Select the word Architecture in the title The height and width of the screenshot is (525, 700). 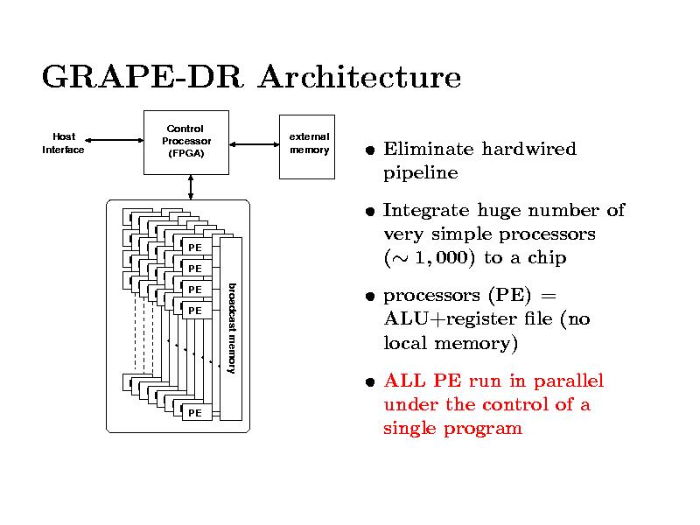click(360, 79)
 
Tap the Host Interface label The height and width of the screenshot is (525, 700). click(63, 143)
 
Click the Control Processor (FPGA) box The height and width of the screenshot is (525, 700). click(185, 141)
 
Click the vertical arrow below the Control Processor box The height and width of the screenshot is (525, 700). click(190, 185)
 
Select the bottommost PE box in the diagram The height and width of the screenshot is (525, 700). click(194, 412)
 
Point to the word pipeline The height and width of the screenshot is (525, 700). click(420, 173)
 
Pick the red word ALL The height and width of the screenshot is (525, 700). click(404, 381)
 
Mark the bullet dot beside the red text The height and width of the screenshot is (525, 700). click(371, 382)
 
